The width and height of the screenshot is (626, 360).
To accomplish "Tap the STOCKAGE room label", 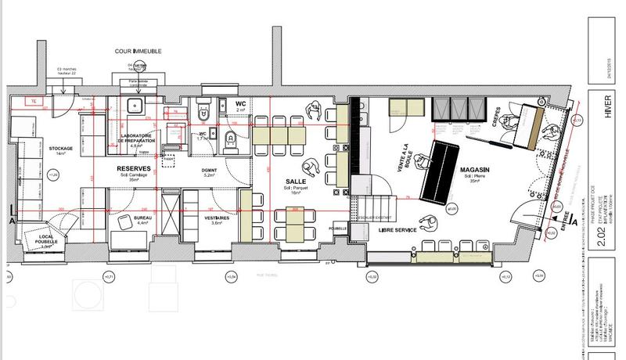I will [x=60, y=149].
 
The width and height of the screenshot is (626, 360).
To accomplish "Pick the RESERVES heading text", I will [x=133, y=168].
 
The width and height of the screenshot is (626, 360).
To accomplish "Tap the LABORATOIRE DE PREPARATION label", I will [x=136, y=139].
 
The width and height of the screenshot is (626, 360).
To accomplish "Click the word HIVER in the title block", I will [x=606, y=114].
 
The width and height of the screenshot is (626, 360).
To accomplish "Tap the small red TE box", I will [x=33, y=102].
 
